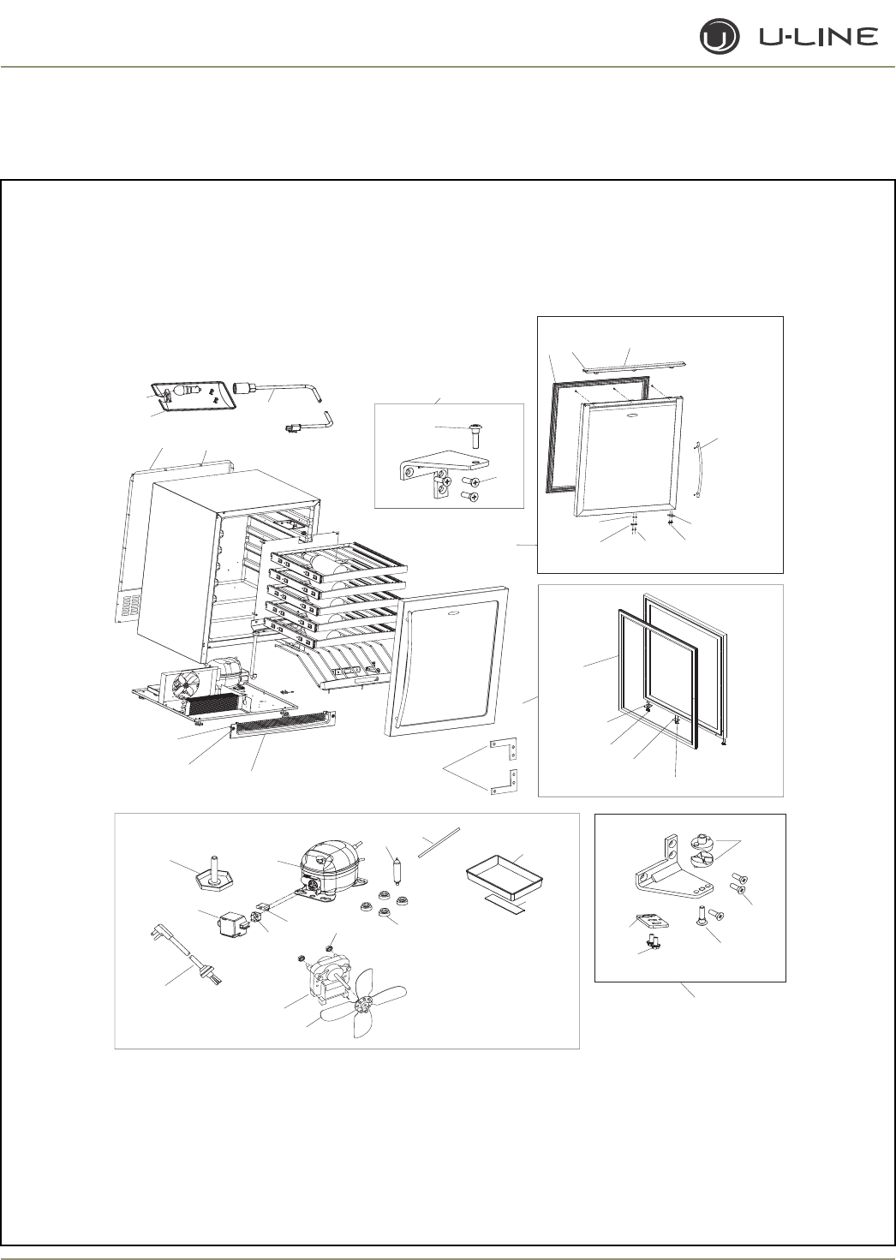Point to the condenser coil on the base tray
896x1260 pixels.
pyautogui.click(x=222, y=704)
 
